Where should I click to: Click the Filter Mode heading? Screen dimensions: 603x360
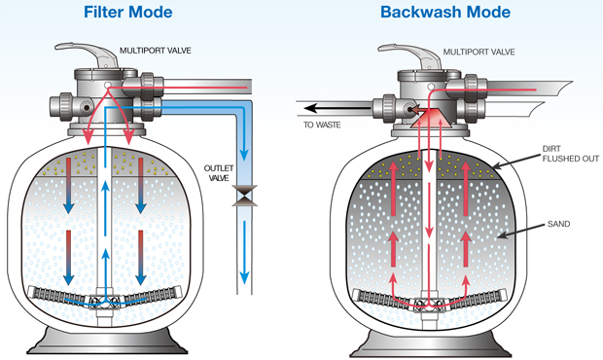pyautogui.click(x=128, y=12)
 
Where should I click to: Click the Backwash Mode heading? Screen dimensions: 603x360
pyautogui.click(x=445, y=12)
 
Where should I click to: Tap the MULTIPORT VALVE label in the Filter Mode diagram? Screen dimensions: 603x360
pyautogui.click(x=156, y=51)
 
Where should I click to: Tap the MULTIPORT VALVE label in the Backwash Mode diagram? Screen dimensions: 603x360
pyautogui.click(x=479, y=52)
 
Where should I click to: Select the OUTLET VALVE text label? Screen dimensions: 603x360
pyautogui.click(x=219, y=173)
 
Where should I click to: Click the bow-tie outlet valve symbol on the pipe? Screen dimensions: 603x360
pyautogui.click(x=244, y=196)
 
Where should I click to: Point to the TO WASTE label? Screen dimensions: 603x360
pyautogui.click(x=322, y=125)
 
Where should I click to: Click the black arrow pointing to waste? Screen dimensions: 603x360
pyautogui.click(x=337, y=108)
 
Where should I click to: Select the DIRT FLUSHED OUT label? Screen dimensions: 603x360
pyautogui.click(x=570, y=154)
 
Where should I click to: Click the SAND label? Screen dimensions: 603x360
pyautogui.click(x=558, y=224)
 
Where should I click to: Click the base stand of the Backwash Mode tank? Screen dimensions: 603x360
pyautogui.click(x=430, y=343)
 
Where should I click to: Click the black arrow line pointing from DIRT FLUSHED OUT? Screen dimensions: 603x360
pyautogui.click(x=515, y=162)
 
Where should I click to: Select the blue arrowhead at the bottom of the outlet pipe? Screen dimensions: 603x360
pyautogui.click(x=244, y=277)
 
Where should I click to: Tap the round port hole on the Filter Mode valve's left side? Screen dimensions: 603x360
pyautogui.click(x=87, y=107)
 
